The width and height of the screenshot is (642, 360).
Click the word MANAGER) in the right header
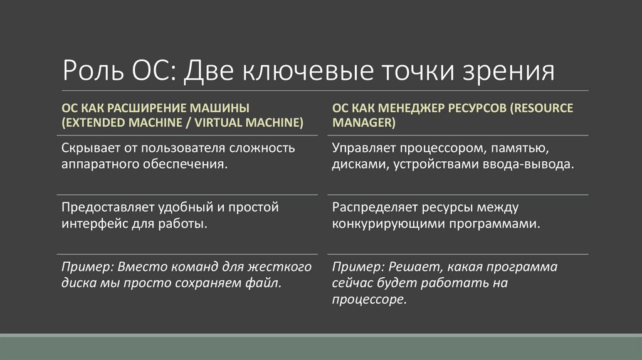click(364, 122)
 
